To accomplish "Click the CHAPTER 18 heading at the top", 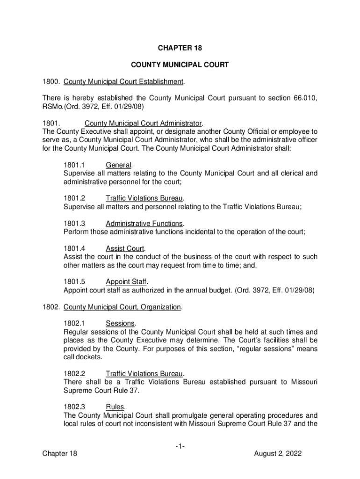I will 180,48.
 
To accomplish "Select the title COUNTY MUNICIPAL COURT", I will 180,65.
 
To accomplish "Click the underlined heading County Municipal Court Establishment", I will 123,82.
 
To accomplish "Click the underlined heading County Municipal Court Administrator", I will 143,123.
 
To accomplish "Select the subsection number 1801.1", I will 73,165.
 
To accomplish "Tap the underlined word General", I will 119,165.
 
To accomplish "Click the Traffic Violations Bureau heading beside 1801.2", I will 144,198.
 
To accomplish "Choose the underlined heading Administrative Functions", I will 144,223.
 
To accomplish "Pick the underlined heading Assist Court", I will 125,248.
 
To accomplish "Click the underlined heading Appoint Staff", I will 126,282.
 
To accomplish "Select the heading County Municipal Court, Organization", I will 122,307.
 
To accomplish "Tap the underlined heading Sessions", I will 121,324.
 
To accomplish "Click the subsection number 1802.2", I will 73,374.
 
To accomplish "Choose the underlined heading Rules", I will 115,407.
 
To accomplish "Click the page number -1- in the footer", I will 180,446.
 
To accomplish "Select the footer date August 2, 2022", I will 278,454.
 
